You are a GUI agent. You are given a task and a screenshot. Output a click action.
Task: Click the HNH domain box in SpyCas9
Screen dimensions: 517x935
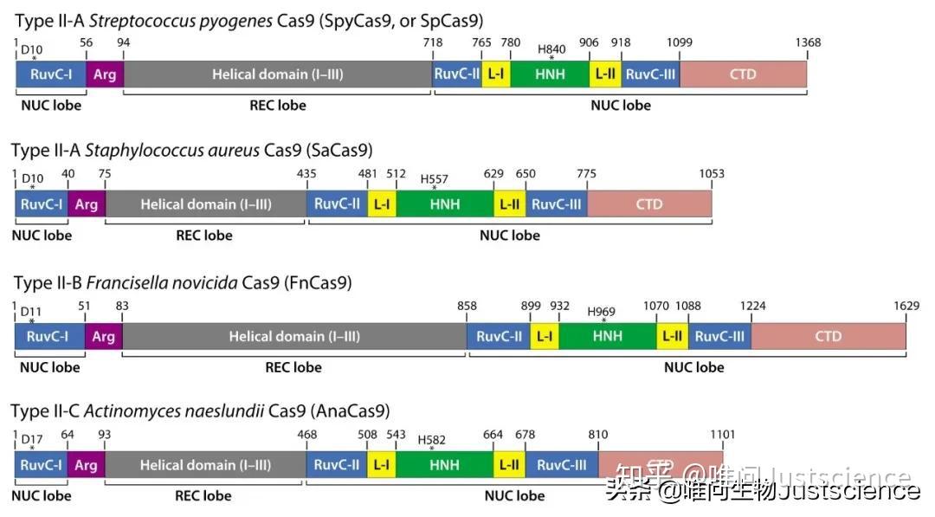pyautogui.click(x=550, y=74)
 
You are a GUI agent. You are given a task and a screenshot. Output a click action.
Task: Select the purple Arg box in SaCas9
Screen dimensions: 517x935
pyautogui.click(x=86, y=204)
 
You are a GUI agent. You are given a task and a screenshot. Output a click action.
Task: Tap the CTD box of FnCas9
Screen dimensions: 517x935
pyautogui.click(x=828, y=336)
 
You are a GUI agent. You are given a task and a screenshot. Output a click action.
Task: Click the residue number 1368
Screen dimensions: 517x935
pyautogui.click(x=806, y=42)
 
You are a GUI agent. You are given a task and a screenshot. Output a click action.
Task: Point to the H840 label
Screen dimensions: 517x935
pyautogui.click(x=551, y=50)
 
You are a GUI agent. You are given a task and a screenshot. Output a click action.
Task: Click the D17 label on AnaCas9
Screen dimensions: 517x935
pyautogui.click(x=32, y=440)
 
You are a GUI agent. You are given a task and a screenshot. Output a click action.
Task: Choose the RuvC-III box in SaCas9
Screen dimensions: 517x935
pyautogui.click(x=555, y=204)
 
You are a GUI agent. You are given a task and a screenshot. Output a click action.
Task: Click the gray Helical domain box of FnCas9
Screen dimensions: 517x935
pyautogui.click(x=293, y=336)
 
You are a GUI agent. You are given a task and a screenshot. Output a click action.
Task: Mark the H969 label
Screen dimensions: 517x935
pyautogui.click(x=602, y=312)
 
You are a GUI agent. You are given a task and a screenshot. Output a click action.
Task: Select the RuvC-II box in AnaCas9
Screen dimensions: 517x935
pyautogui.click(x=337, y=466)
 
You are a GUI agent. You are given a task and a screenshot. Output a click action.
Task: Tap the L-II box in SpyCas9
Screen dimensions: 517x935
pyautogui.click(x=605, y=74)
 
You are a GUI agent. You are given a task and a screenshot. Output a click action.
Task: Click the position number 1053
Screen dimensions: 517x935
pyautogui.click(x=711, y=174)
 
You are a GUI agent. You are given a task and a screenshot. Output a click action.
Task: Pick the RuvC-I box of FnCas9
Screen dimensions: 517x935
pyautogui.click(x=49, y=336)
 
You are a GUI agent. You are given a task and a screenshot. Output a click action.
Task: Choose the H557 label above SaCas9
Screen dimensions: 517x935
pyautogui.click(x=435, y=180)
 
